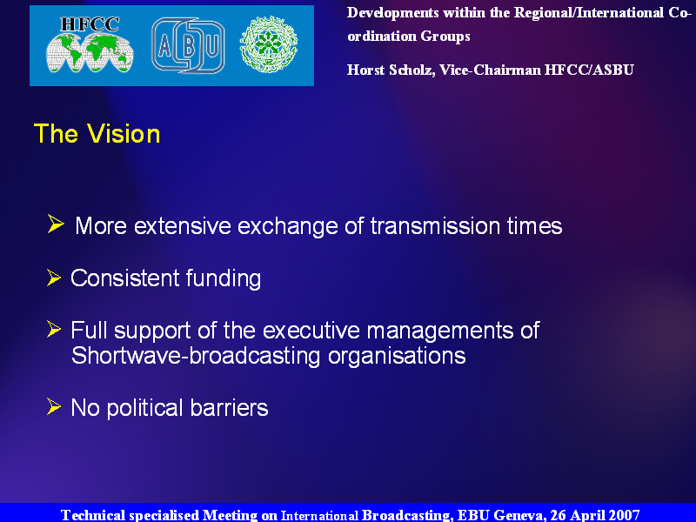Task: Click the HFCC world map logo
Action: click(90, 45)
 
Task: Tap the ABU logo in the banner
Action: click(188, 45)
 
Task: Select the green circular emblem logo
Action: click(269, 45)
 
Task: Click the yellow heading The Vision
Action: click(97, 134)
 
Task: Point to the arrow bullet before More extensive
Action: click(56, 224)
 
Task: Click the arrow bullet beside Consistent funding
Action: click(54, 278)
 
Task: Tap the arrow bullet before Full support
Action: click(54, 330)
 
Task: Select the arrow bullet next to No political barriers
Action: click(54, 406)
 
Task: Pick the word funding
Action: click(224, 278)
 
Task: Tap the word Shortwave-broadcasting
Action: click(196, 356)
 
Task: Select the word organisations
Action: click(397, 356)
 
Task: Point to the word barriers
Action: click(229, 407)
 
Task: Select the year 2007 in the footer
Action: click(624, 515)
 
